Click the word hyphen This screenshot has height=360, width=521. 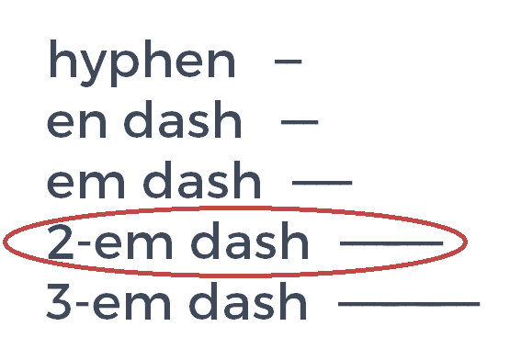point(142,62)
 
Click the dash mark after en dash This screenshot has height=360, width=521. point(300,121)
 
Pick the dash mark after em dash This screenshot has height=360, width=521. point(321,182)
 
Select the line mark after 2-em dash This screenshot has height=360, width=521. point(391,242)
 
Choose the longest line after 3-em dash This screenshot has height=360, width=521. point(409,302)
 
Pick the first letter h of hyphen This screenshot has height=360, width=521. point(60,61)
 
